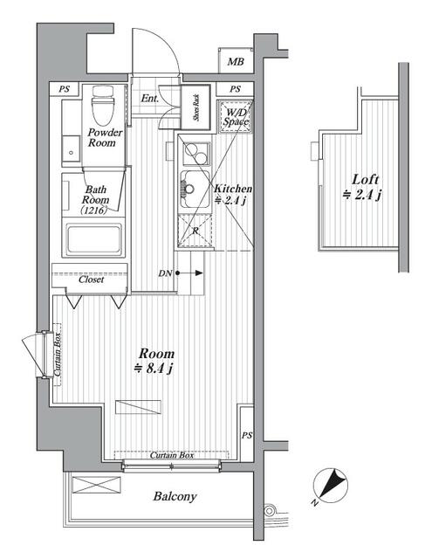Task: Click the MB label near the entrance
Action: point(236,62)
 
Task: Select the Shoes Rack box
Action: point(195,107)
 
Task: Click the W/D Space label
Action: point(236,117)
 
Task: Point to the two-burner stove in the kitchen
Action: point(195,153)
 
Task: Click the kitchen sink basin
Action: point(195,190)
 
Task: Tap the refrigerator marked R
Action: point(195,231)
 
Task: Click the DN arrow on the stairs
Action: point(189,273)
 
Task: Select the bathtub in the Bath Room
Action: point(93,238)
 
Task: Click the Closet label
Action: point(92,279)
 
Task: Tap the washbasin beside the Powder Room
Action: point(72,149)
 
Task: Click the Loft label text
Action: point(366,179)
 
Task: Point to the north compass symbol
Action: point(330,486)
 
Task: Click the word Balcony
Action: point(175,497)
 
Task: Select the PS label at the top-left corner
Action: point(64,89)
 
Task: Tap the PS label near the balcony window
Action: point(247,435)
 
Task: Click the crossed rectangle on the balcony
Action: point(97,485)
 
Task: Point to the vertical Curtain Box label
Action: point(58,354)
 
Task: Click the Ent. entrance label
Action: point(149,99)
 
